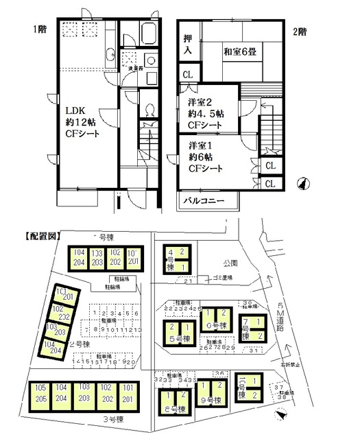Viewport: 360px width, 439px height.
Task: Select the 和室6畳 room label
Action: [239, 51]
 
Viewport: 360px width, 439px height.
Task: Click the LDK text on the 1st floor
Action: [74, 109]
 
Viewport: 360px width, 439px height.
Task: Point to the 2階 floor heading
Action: [300, 29]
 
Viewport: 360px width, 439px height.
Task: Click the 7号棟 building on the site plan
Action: [252, 328]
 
